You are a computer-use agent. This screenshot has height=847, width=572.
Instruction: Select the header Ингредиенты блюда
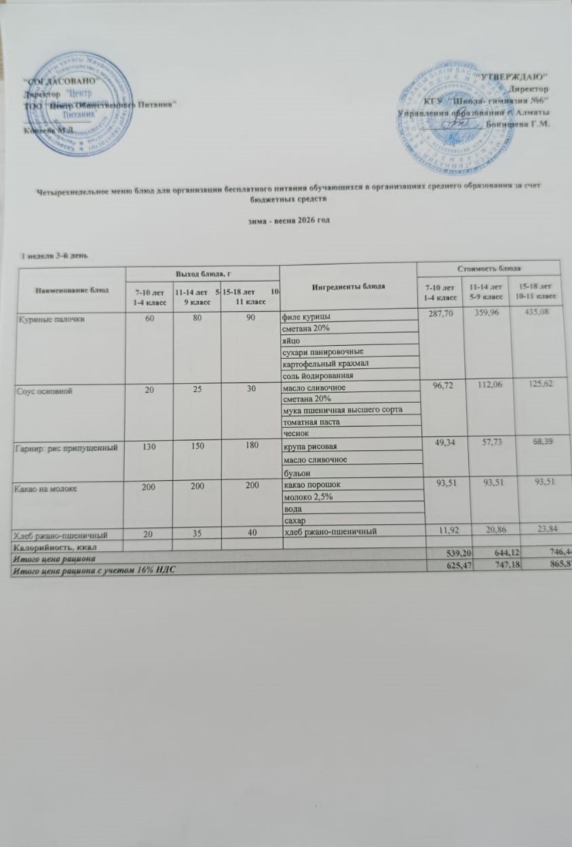(348, 285)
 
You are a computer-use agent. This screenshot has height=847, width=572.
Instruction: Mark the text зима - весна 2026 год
(287, 222)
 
